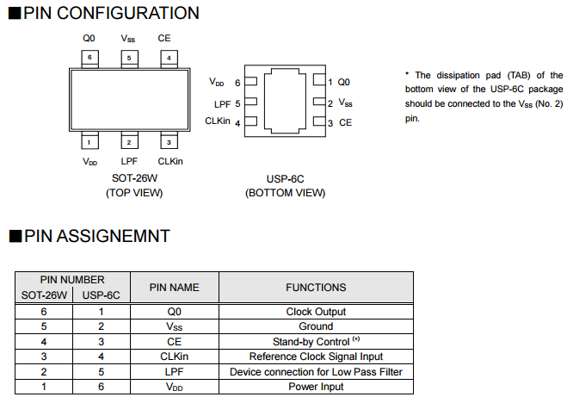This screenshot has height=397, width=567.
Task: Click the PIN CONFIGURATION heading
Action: tap(111, 13)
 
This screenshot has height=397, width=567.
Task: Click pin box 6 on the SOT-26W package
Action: tap(89, 58)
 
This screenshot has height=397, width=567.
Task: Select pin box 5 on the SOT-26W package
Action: tap(128, 58)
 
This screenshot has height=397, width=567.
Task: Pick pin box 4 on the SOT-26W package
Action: tap(169, 58)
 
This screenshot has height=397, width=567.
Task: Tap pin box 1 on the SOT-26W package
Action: tap(89, 141)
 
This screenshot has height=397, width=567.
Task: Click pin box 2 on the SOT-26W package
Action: tap(128, 141)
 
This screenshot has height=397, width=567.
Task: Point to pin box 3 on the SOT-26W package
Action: tap(169, 141)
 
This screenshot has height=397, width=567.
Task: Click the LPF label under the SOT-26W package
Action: tap(129, 161)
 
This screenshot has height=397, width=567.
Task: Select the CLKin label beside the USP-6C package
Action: tap(218, 121)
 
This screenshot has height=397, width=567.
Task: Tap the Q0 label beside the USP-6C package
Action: tap(343, 82)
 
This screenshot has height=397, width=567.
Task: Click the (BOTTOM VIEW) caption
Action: tap(286, 193)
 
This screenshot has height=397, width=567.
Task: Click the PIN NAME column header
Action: tap(174, 287)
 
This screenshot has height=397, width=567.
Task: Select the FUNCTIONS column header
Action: tap(316, 287)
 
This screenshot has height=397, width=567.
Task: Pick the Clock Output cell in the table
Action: tap(316, 312)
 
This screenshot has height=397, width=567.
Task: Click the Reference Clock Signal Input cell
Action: tap(316, 356)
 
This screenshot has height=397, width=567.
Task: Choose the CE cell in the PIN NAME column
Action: tap(174, 341)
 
